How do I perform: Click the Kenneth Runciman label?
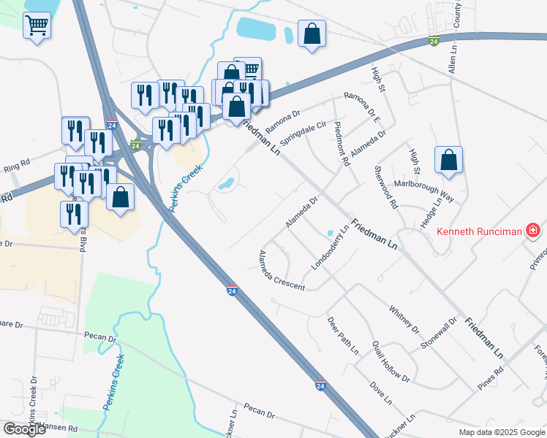tap(479, 232)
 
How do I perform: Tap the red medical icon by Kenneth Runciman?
tap(534, 232)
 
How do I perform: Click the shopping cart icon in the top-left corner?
tap(37, 26)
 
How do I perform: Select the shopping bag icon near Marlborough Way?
tap(448, 160)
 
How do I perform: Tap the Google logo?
tap(25, 429)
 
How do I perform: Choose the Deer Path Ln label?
tap(342, 336)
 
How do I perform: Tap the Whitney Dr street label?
tap(404, 319)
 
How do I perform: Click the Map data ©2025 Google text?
tap(502, 431)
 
